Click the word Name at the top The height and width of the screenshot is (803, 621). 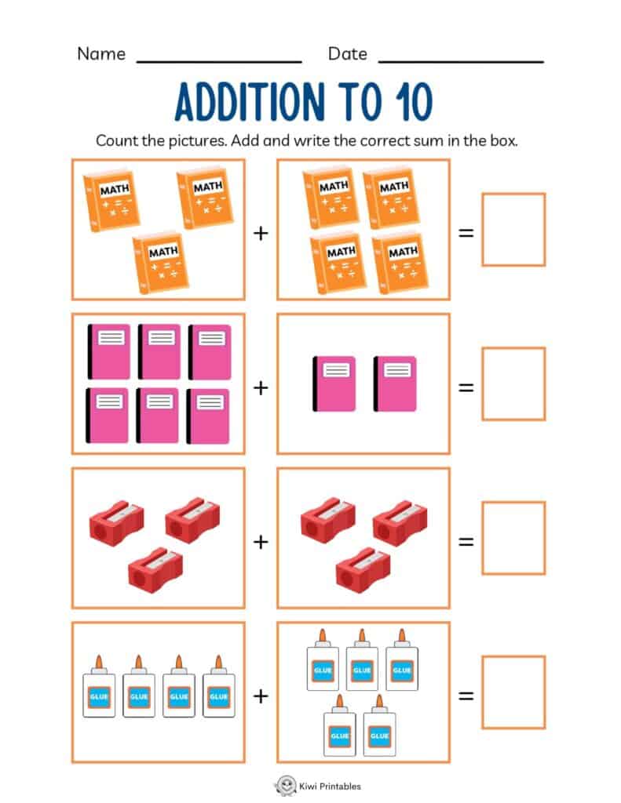(x=101, y=54)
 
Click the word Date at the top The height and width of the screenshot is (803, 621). (x=347, y=54)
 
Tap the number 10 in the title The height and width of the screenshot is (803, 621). (x=409, y=102)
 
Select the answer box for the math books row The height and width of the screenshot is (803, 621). (x=513, y=229)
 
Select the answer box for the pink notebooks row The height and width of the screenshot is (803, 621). (x=513, y=383)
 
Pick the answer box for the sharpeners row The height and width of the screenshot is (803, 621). (x=513, y=538)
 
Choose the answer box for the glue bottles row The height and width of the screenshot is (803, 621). (x=513, y=692)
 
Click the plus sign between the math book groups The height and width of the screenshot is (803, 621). (x=261, y=233)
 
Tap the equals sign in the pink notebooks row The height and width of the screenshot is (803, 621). (x=466, y=387)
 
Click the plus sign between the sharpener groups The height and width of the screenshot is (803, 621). (x=261, y=542)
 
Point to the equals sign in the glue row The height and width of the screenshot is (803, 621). (x=466, y=696)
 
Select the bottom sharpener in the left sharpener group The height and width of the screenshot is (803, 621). (x=155, y=569)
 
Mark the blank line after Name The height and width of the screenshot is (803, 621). (x=219, y=60)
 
